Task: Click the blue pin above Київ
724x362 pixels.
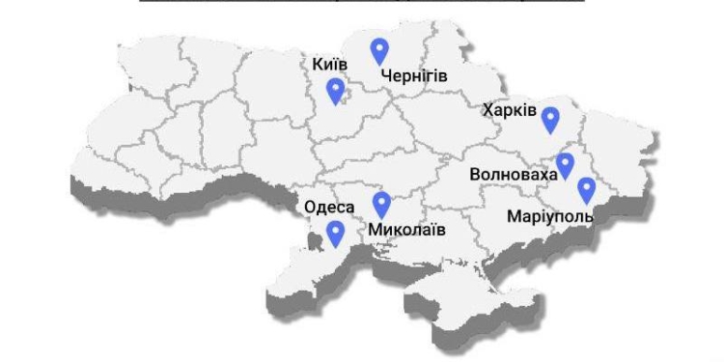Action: [336, 91]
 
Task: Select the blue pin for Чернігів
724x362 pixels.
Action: [380, 50]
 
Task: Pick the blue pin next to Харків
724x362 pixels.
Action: [550, 119]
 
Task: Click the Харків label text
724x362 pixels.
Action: [509, 111]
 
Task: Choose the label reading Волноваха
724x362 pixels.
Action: [514, 175]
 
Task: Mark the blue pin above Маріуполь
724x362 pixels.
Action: [586, 189]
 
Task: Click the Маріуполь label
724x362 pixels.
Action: [549, 216]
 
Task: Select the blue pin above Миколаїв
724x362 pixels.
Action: [381, 204]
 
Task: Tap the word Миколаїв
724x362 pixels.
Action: [406, 231]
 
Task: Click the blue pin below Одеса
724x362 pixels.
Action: [336, 233]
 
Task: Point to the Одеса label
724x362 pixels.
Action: [329, 207]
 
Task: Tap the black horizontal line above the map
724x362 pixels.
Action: [362, 3]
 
